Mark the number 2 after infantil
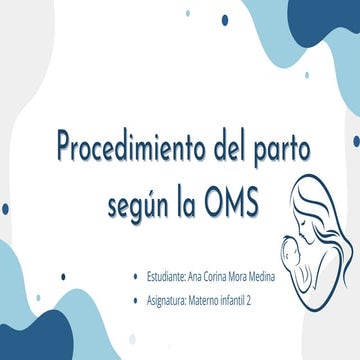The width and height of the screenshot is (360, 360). (261, 299)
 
